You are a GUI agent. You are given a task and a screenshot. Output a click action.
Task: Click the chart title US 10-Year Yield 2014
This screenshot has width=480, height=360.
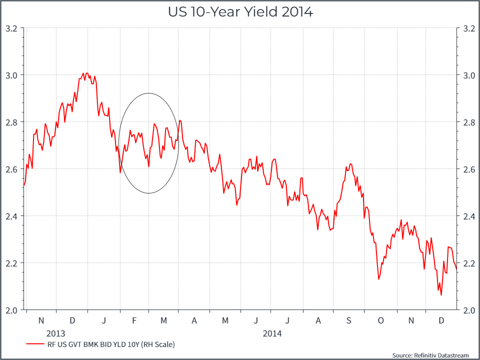(240, 12)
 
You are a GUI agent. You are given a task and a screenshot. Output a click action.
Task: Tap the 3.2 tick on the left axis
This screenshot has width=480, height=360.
(11, 28)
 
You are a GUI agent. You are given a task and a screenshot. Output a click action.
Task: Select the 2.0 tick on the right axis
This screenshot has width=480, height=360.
(468, 310)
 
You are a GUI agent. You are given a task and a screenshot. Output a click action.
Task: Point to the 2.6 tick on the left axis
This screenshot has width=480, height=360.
(11, 169)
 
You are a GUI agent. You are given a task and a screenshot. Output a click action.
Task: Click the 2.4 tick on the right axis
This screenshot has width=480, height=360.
(468, 216)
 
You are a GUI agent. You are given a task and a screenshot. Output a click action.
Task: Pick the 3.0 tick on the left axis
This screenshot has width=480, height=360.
(11, 75)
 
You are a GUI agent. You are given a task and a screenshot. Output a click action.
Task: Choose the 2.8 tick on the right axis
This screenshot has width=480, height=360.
(468, 122)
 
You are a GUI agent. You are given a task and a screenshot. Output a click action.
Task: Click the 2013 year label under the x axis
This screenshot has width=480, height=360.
(56, 333)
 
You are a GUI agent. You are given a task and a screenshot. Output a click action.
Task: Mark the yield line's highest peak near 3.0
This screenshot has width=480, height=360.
(86, 73)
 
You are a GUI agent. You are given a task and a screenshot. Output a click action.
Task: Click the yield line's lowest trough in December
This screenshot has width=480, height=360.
(441, 295)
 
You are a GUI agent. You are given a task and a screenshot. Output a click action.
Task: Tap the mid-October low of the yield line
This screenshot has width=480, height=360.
(378, 279)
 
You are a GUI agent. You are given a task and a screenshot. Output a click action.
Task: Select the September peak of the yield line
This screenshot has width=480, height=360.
(350, 163)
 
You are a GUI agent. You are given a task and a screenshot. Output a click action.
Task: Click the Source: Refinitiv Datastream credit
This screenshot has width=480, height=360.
(430, 355)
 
